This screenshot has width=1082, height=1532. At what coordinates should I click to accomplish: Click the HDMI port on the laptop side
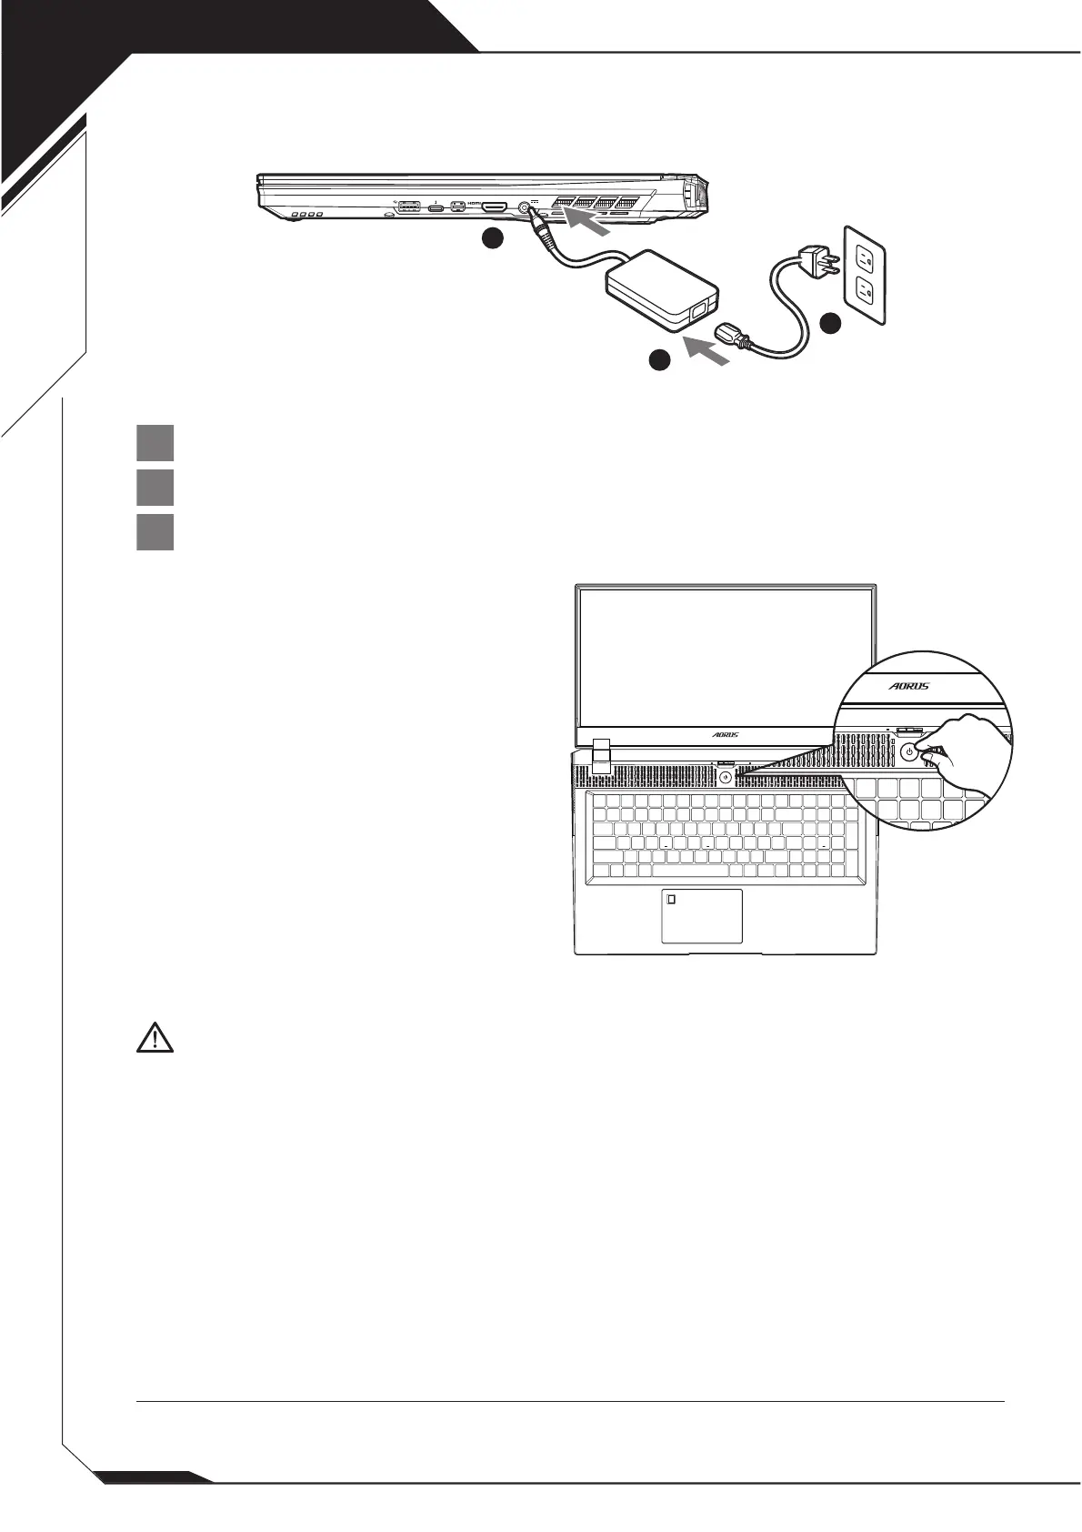(x=494, y=207)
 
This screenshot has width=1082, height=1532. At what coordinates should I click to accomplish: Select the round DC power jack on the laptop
(x=524, y=207)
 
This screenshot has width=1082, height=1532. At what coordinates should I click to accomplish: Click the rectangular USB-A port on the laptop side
(x=409, y=207)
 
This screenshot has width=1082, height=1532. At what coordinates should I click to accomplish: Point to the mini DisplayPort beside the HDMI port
(x=458, y=207)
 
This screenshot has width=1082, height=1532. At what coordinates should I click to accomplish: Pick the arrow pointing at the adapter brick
(x=706, y=350)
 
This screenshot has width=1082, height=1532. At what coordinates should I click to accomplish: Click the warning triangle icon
(x=155, y=1037)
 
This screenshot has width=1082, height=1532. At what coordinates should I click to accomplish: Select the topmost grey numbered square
(x=155, y=443)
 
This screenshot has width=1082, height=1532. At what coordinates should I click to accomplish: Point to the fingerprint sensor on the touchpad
(x=672, y=899)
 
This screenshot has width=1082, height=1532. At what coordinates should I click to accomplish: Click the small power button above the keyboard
(x=725, y=777)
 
